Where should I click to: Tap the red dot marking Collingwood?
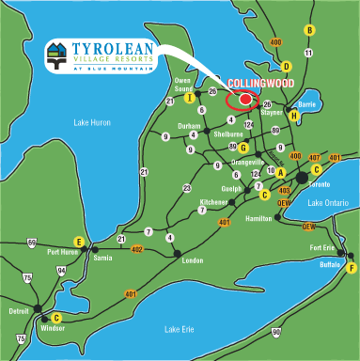[246, 99]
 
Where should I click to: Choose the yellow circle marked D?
[287, 66]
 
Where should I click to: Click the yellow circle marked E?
[80, 243]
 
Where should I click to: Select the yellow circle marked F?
[351, 267]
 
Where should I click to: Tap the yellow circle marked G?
[243, 149]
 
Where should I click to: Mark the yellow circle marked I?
[190, 97]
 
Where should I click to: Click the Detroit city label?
[19, 309]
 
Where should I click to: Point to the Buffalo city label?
[330, 265]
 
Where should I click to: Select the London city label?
[192, 259]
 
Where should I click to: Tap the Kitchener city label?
[212, 202]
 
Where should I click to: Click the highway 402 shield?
[136, 249]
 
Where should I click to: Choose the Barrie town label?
[305, 106]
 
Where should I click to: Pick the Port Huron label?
[63, 252]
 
